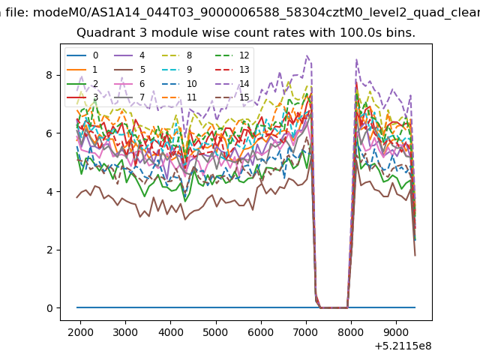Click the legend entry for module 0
82,55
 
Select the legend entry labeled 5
130,70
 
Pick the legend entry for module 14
232,83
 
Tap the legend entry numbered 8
177,55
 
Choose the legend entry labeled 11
178,97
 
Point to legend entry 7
130,97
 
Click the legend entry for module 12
232,55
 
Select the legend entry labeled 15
232,97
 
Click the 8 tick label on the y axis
49,75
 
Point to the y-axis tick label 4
49,192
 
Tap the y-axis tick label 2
49,250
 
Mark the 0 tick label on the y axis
49,308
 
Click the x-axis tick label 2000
80,332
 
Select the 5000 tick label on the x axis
216,332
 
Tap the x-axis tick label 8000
351,332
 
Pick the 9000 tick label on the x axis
397,332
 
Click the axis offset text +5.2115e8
403,346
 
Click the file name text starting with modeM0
256,13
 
